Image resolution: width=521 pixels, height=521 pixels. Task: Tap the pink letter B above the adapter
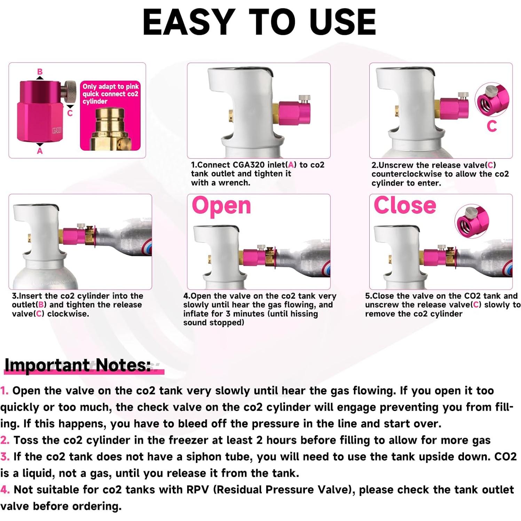pyautogui.click(x=40, y=72)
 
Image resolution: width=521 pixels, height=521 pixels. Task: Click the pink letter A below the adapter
pyautogui.click(x=40, y=151)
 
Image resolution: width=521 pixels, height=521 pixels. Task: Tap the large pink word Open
pyautogui.click(x=221, y=206)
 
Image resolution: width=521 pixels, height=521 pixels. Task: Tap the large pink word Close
pyautogui.click(x=404, y=205)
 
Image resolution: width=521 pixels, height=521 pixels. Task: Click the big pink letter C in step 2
pyautogui.click(x=492, y=126)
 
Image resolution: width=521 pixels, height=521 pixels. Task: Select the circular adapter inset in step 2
pyautogui.click(x=492, y=100)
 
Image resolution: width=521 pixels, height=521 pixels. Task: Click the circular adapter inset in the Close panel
pyautogui.click(x=472, y=221)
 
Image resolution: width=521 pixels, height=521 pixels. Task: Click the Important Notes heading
pyautogui.click(x=78, y=365)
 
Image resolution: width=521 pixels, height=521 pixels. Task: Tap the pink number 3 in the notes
pyautogui.click(x=5, y=457)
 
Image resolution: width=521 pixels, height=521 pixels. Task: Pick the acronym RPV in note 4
pyautogui.click(x=197, y=490)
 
